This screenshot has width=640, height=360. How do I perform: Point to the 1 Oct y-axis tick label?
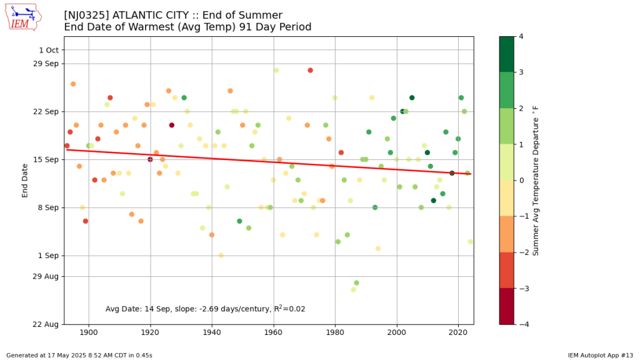point(48,50)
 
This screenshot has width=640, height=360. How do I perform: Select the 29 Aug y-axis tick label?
point(45,276)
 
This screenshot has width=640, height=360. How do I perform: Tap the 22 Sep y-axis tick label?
point(45,111)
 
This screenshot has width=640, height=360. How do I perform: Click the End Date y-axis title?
point(25,181)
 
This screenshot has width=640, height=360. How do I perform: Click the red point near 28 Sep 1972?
point(310,71)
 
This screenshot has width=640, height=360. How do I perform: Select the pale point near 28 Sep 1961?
point(276,71)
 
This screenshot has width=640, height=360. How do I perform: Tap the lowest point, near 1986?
point(354,289)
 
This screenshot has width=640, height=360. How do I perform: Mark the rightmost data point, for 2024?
point(471,242)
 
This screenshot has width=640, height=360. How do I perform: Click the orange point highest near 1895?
point(73,84)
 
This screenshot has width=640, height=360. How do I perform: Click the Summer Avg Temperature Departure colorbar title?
point(536,181)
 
